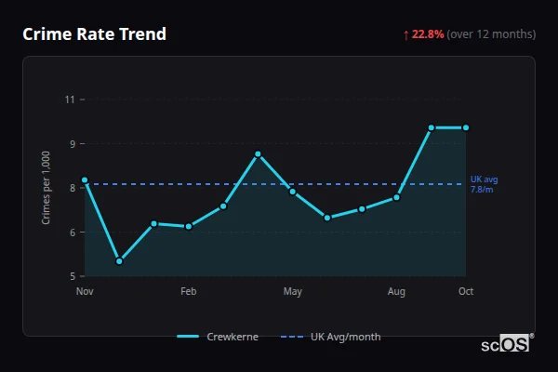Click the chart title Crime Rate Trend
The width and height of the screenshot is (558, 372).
(95, 34)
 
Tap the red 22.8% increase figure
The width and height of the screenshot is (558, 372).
(428, 34)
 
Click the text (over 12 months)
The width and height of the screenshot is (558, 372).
(491, 34)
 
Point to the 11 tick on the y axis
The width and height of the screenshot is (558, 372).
(69, 99)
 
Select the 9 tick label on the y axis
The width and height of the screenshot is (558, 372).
(71, 143)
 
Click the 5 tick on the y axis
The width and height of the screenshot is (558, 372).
(71, 276)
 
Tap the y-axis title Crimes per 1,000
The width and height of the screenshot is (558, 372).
(46, 188)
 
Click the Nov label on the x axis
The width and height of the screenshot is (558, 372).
(85, 292)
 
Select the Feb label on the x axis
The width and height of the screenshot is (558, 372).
(189, 292)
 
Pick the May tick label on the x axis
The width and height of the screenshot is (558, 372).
(293, 292)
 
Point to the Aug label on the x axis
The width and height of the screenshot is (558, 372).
(396, 292)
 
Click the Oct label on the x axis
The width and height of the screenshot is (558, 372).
(466, 292)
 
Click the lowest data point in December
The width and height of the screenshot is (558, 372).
(119, 261)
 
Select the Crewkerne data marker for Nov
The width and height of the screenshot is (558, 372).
(85, 179)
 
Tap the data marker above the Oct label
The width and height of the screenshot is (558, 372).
(466, 127)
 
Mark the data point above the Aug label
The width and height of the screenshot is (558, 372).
(396, 197)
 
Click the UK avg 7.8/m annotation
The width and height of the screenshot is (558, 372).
(484, 183)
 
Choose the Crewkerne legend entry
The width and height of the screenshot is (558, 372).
(218, 337)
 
